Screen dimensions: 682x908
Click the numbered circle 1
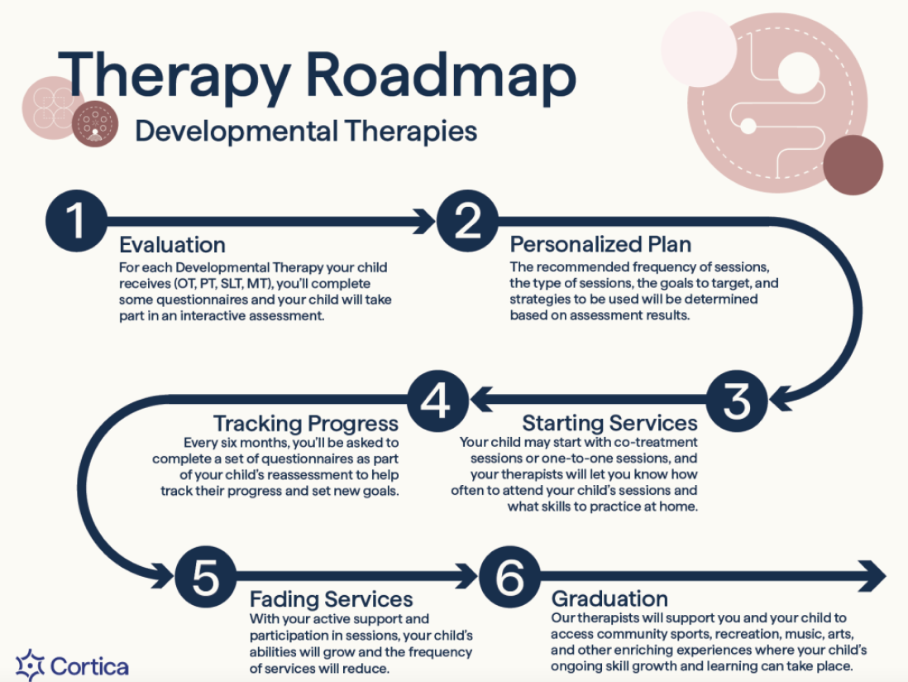click(76, 221)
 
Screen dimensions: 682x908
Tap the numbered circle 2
click(467, 221)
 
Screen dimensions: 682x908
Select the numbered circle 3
click(736, 401)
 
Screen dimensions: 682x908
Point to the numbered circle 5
click(205, 576)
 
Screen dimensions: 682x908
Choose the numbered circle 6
click(509, 576)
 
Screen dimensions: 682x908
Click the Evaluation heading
click(172, 245)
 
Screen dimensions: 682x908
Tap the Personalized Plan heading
click(600, 245)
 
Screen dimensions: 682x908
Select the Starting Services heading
click(609, 423)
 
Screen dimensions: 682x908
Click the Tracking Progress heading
click(306, 423)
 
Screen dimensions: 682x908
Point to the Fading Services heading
click(331, 598)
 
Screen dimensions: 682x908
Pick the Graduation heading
click(609, 598)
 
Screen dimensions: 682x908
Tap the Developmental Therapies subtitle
click(306, 131)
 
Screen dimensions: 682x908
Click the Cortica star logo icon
click(30, 665)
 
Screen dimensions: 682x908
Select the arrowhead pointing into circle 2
click(425, 221)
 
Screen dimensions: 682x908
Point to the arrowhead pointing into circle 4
click(480, 401)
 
